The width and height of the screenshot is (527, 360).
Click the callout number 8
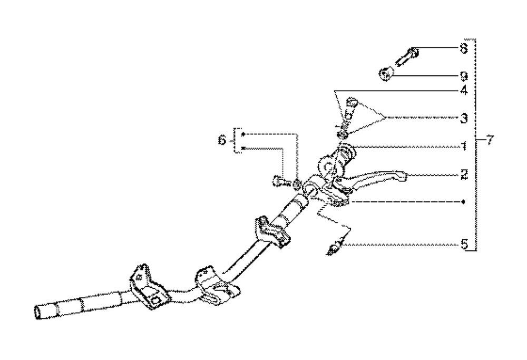tap(463, 48)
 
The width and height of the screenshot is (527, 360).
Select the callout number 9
tap(463, 75)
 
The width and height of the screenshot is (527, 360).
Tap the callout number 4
tap(463, 90)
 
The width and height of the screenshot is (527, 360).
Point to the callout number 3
tap(463, 118)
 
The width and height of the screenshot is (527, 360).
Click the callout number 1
tap(463, 146)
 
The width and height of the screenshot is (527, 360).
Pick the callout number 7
tap(490, 141)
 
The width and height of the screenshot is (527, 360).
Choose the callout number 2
tap(463, 174)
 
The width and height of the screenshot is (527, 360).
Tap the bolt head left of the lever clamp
tap(278, 182)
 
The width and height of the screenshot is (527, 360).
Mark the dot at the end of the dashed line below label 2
tap(463, 202)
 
